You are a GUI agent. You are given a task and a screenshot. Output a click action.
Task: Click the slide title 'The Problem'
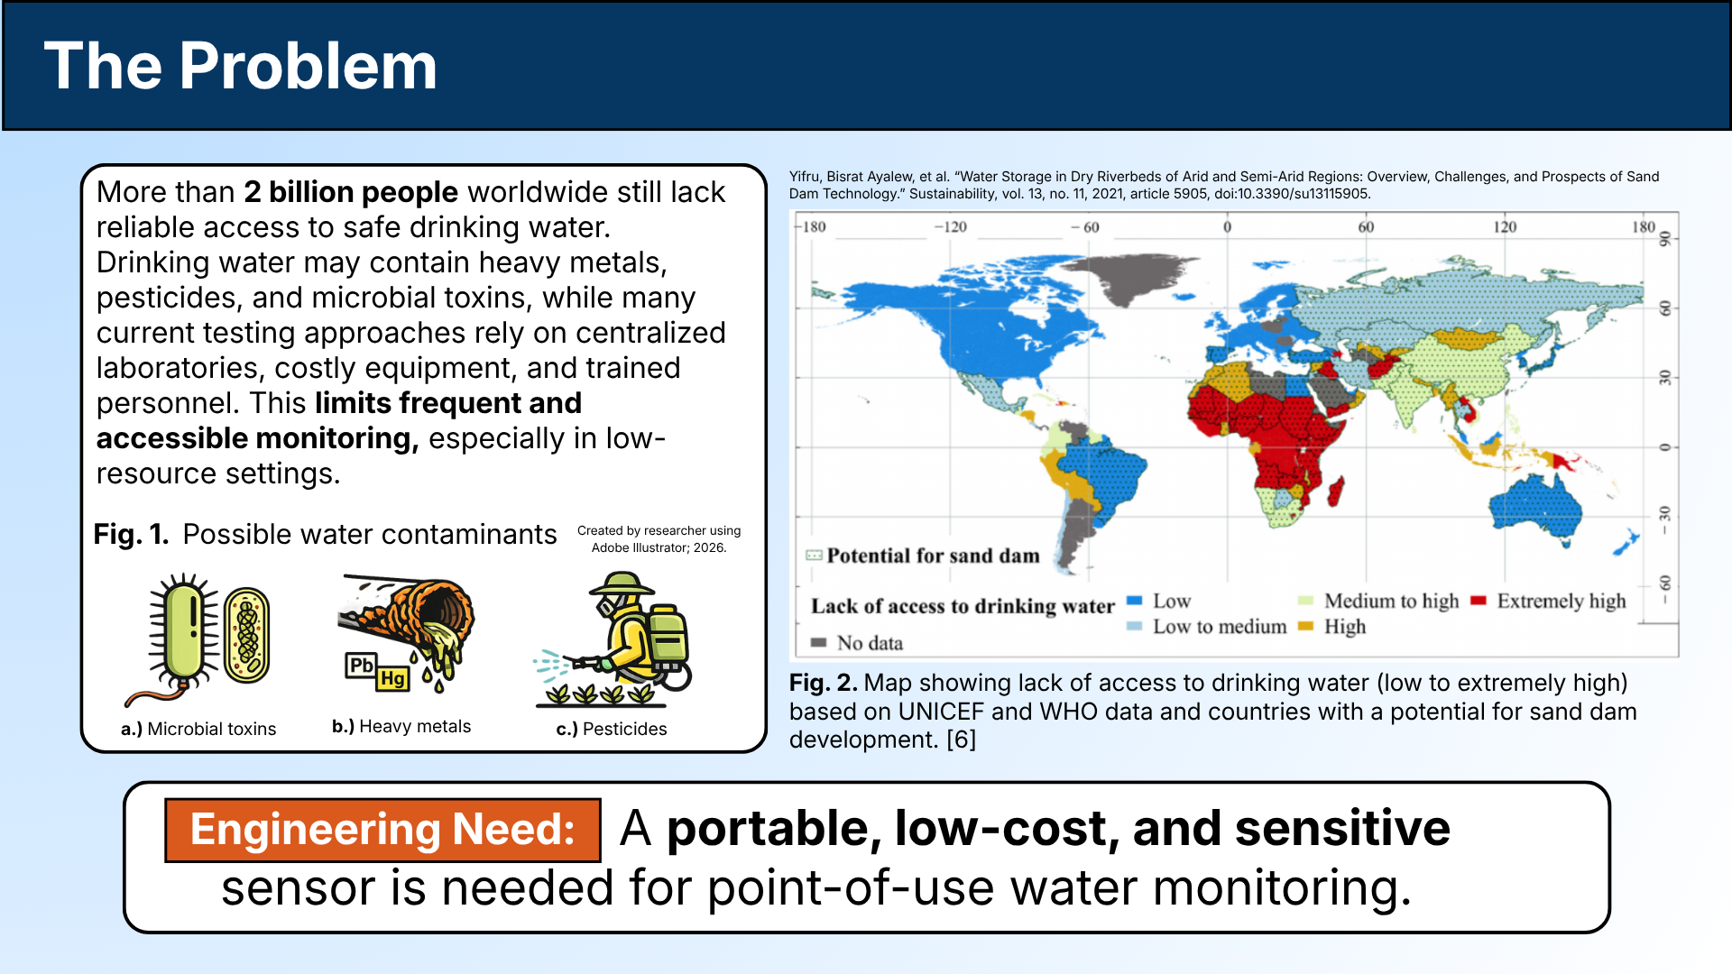tap(240, 66)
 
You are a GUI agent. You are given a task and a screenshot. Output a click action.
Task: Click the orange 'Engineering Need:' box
tap(382, 830)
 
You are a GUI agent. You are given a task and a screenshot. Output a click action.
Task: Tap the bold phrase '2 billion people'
tap(351, 192)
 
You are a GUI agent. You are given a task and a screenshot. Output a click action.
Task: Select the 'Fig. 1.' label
tap(131, 535)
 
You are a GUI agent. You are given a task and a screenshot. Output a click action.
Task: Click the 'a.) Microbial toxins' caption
tap(198, 729)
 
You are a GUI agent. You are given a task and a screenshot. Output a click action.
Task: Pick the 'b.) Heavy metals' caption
tap(401, 726)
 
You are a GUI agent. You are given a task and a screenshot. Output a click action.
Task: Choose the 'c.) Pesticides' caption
tap(612, 729)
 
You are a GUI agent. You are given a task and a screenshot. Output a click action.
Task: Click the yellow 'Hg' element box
tap(392, 678)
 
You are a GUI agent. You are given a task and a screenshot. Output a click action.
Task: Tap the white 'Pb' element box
tap(361, 666)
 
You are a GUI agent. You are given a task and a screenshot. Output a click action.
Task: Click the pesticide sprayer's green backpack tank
tap(668, 636)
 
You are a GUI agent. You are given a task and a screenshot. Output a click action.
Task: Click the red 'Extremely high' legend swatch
tap(1478, 602)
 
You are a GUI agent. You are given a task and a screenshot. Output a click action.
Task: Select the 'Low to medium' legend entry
tap(1219, 627)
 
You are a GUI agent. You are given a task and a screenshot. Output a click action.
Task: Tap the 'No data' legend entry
tap(869, 643)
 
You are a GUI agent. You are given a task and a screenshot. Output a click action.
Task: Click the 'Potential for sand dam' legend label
tap(933, 556)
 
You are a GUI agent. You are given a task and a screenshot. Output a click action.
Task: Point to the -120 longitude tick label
tap(950, 227)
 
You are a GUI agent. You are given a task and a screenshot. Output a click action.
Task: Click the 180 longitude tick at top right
tap(1643, 227)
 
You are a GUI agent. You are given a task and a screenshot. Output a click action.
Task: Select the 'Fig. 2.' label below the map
tap(822, 683)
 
